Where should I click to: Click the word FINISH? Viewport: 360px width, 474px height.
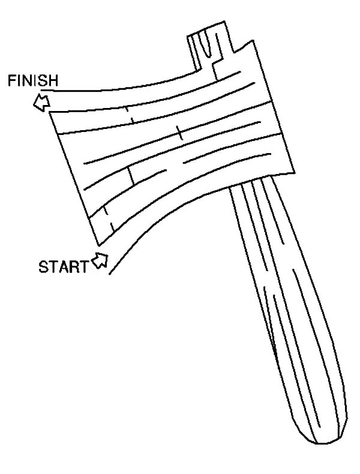(x=32, y=80)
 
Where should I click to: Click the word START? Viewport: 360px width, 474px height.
(x=63, y=267)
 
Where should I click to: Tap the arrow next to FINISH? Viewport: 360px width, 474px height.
(x=41, y=102)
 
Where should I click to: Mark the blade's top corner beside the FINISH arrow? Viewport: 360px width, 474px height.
(x=50, y=112)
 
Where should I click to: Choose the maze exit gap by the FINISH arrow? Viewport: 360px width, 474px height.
(x=47, y=101)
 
